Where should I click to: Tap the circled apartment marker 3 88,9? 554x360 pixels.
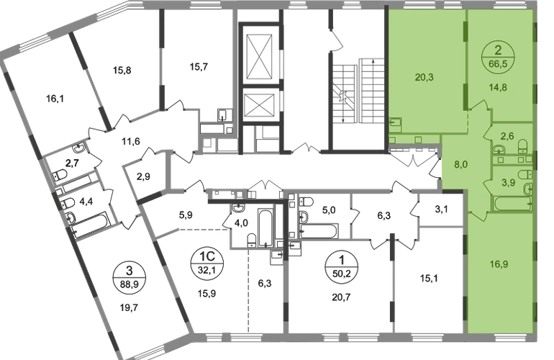pyautogui.click(x=130, y=279)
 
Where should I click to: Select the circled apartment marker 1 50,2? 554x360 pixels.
pyautogui.click(x=341, y=268)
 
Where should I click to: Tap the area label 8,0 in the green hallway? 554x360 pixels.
pyautogui.click(x=461, y=164)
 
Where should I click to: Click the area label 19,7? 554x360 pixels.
pyautogui.click(x=129, y=307)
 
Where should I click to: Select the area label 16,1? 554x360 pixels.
pyautogui.click(x=55, y=99)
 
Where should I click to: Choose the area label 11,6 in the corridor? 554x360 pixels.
pyautogui.click(x=131, y=142)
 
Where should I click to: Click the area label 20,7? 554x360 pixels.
pyautogui.click(x=341, y=297)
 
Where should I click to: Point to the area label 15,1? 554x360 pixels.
pyautogui.click(x=429, y=279)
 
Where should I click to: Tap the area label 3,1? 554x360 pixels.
pyautogui.click(x=441, y=210)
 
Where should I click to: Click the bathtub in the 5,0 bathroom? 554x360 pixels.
pyautogui.click(x=319, y=231)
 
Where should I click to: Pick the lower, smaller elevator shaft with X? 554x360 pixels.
pyautogui.click(x=260, y=105)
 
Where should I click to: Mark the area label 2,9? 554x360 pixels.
pyautogui.click(x=143, y=176)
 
